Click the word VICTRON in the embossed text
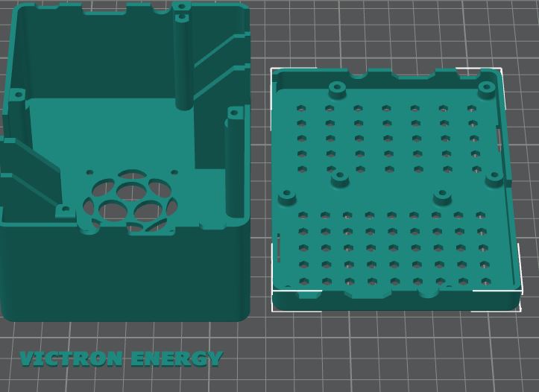71,359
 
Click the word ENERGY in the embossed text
176,359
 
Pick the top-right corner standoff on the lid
487,89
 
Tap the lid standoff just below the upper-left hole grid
341,178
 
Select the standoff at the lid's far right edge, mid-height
494,178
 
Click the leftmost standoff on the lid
287,197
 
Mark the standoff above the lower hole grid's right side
442,196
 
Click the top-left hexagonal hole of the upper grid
301,108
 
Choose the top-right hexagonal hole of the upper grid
472,109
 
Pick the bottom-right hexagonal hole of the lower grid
485,282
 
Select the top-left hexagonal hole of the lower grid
303,215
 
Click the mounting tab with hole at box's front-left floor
64,211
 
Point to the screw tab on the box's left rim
16,95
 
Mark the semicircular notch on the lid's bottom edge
429,291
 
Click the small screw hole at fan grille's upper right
174,173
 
